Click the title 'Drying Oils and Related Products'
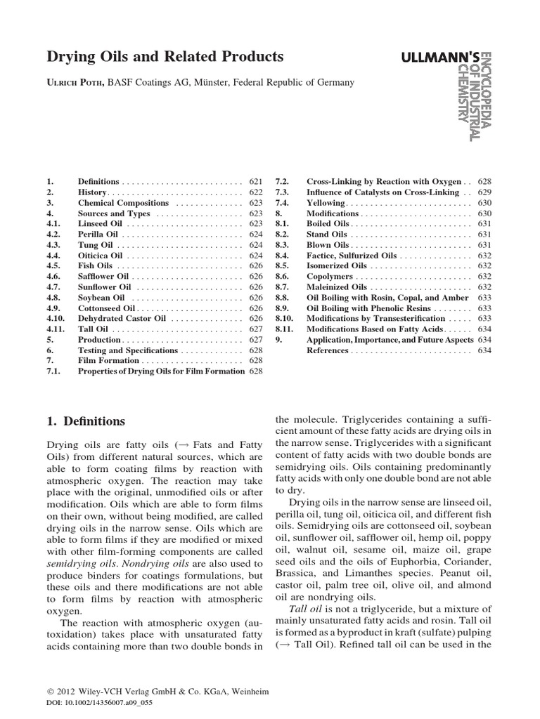pos(165,56)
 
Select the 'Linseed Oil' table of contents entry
pos(100,223)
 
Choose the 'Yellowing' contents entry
pos(326,202)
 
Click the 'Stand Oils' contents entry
pos(328,234)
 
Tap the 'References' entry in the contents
pos(327,350)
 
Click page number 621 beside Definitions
pos(255,181)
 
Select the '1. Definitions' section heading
pos(85,421)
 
